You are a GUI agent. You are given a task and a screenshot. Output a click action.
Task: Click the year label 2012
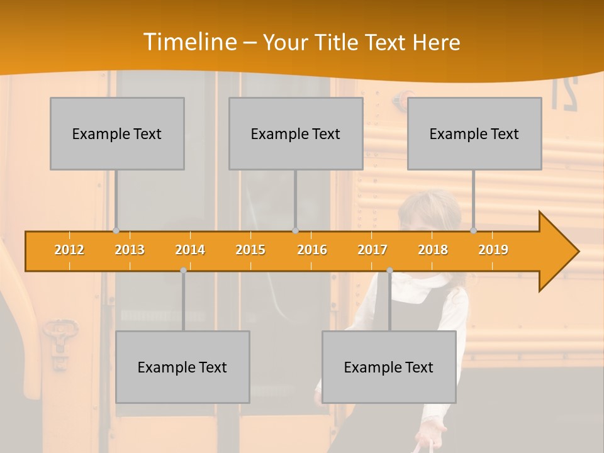coord(69,250)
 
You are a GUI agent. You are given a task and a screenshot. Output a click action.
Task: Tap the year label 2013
coord(130,250)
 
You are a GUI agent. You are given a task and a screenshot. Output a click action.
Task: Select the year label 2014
coord(190,250)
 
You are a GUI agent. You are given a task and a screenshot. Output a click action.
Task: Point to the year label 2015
coord(250,250)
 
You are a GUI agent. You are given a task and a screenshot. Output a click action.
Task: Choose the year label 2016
coord(312,250)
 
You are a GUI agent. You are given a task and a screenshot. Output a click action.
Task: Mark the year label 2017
coord(372,250)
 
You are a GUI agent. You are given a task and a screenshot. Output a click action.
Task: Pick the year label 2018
coord(433,250)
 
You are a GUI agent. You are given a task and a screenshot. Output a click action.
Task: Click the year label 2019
coord(493,250)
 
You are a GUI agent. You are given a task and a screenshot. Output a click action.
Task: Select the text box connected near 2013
coord(117,133)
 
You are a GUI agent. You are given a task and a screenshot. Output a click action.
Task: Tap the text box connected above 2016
coord(296,133)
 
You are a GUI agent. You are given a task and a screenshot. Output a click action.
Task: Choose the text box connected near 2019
coord(474,133)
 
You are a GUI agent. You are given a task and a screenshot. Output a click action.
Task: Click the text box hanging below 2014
coord(182,367)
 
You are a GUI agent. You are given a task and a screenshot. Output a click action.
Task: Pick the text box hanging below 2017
coord(389,367)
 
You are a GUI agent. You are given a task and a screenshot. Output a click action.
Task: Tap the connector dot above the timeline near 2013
coord(116,230)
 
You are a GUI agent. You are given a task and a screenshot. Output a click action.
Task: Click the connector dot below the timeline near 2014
coord(183,271)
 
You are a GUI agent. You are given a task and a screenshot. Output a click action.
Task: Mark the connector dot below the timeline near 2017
coord(389,271)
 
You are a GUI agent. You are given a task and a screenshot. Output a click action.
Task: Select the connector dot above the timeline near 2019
coord(474,230)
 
